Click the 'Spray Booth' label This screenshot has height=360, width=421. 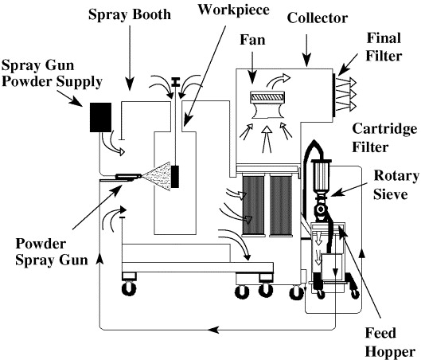tap(130, 14)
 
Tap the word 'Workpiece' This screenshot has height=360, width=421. tap(234, 10)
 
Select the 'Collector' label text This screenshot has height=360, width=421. tap(318, 18)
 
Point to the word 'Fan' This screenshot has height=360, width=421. tap(252, 40)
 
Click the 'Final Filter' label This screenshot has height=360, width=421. tap(384, 47)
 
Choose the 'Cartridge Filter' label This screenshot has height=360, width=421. tap(384, 138)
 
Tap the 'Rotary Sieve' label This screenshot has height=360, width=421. tap(396, 185)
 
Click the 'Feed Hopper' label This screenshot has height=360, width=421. tap(390, 342)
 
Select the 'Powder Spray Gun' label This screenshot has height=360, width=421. tap(52, 252)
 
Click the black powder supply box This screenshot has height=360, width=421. tap(100, 117)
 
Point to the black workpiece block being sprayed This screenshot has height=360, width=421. tap(175, 177)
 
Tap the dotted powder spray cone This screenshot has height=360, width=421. tap(157, 177)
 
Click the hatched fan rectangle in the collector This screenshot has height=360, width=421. tap(267, 96)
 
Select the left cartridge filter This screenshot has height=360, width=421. tap(253, 205)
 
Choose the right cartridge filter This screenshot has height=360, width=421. tap(281, 205)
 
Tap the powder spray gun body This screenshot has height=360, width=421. tap(128, 177)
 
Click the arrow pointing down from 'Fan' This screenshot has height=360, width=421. tap(252, 67)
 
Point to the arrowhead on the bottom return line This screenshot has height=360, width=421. tap(213, 330)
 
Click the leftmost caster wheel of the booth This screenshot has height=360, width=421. tap(129, 289)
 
